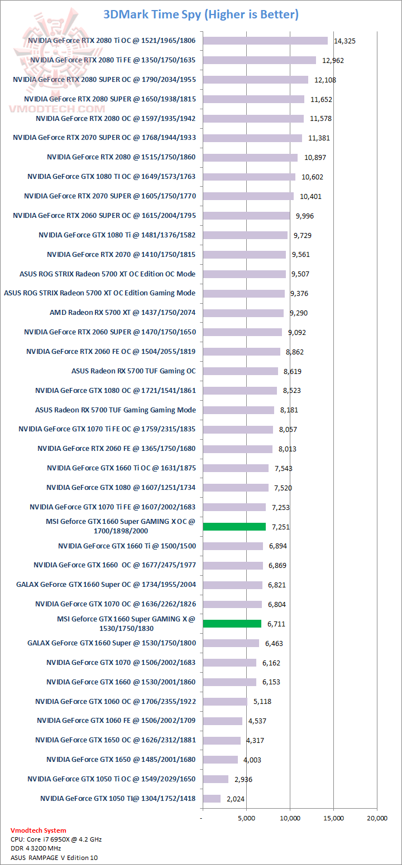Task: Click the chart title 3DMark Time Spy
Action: click(201, 14)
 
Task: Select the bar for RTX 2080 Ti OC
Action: click(265, 41)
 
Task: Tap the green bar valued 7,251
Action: click(234, 527)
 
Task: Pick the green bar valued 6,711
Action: click(232, 624)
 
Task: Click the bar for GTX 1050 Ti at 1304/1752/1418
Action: click(212, 799)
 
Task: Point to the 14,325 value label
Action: click(344, 41)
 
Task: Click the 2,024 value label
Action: click(236, 799)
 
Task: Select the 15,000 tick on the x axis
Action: click(334, 818)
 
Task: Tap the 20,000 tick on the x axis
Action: click(377, 818)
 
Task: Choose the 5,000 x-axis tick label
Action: click(246, 818)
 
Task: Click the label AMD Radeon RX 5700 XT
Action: click(122, 313)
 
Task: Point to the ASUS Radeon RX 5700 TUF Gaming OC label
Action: click(133, 371)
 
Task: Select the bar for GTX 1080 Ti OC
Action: click(249, 177)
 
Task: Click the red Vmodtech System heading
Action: click(38, 830)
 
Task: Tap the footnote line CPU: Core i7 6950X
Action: click(56, 839)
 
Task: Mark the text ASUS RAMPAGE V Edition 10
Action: click(54, 858)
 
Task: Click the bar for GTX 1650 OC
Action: click(222, 740)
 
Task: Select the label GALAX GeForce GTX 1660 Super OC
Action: click(106, 585)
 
